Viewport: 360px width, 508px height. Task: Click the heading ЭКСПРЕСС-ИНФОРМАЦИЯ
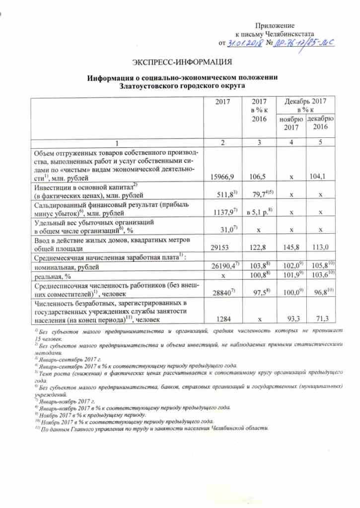(x=182, y=62)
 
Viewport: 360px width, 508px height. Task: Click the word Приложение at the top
(x=275, y=25)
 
